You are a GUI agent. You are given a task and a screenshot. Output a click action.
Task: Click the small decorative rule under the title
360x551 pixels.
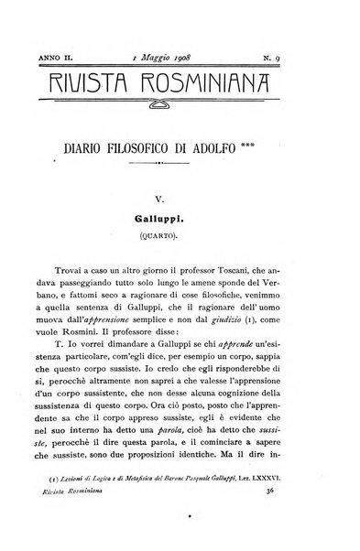coord(180,164)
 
